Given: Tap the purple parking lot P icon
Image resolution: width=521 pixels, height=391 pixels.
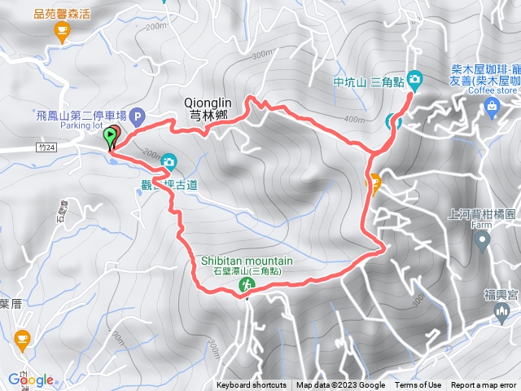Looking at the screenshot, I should pyautogui.click(x=137, y=116).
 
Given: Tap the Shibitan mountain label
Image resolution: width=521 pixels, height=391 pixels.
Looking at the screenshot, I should pyautogui.click(x=247, y=261).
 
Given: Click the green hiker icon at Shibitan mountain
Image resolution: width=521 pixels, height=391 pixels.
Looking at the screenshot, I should pyautogui.click(x=245, y=284).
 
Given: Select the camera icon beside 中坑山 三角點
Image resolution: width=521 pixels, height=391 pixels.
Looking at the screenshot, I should pyautogui.click(x=415, y=80).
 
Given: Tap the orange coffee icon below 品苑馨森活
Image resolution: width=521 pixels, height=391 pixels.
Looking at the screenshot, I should pyautogui.click(x=61, y=32).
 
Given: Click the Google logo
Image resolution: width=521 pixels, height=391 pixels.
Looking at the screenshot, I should pyautogui.click(x=31, y=380).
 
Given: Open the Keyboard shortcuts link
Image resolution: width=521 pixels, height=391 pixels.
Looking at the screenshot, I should pyautogui.click(x=251, y=385).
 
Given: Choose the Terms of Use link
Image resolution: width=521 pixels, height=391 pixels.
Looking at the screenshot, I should pyautogui.click(x=418, y=385).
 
